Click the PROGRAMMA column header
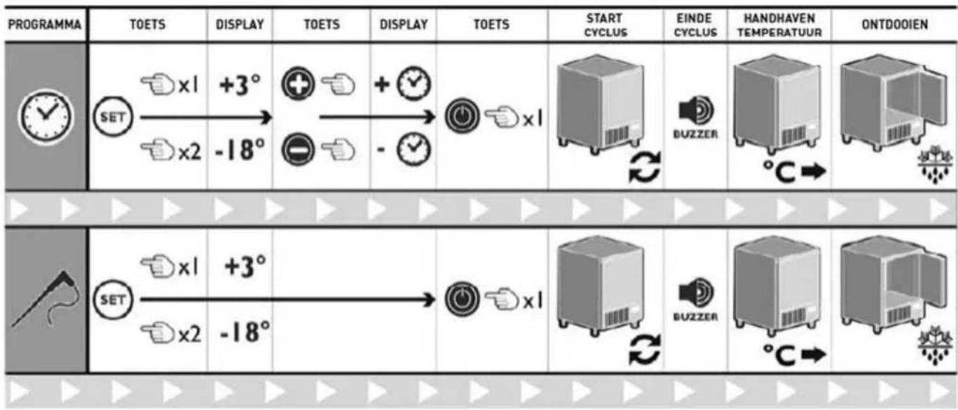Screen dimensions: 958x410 point(44,25)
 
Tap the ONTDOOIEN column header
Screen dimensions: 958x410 point(895,25)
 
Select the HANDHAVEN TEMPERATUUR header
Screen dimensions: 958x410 point(779,25)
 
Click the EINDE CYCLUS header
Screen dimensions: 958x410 point(695,25)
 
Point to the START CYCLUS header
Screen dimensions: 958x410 point(605,25)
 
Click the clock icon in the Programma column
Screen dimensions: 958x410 point(46,116)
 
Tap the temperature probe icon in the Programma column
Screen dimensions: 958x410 point(46,299)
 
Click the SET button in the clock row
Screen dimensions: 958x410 point(113,117)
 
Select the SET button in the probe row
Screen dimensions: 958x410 point(113,300)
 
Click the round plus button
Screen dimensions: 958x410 point(298,84)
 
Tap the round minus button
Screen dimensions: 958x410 point(298,150)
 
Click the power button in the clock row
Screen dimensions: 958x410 point(462,116)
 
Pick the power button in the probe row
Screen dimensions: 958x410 point(462,299)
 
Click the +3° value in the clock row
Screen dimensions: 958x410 point(240,84)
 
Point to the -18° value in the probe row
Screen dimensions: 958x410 point(245,332)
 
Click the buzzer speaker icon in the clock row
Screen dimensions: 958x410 point(696,110)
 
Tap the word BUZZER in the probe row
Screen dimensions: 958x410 point(696,317)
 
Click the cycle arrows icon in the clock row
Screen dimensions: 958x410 point(645,168)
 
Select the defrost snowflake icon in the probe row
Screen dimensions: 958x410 point(936,346)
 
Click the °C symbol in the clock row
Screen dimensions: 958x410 point(779,172)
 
